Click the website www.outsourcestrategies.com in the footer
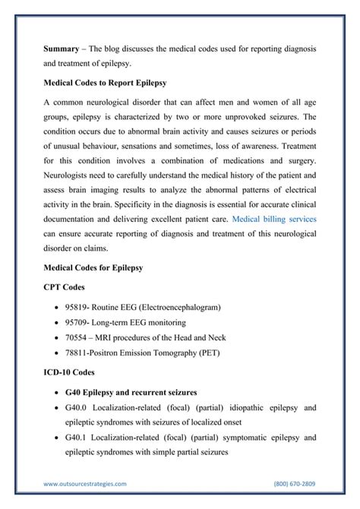[85, 483]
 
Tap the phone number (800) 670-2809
[295, 483]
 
